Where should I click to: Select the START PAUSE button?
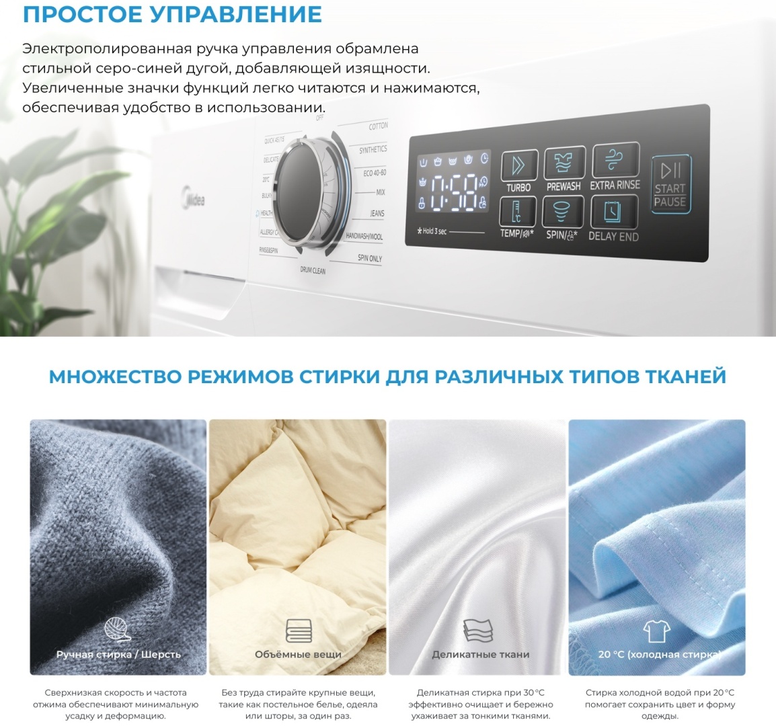[670, 184]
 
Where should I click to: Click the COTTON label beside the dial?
[378, 126]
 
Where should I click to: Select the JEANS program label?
[377, 214]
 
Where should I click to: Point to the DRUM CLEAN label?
[313, 270]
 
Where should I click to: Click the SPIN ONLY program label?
[369, 258]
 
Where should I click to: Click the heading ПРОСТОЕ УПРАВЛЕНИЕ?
[172, 14]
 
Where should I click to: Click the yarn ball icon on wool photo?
[118, 630]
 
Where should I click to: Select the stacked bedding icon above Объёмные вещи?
[298, 631]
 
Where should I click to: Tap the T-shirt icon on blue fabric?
[656, 631]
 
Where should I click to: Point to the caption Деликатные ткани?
[480, 654]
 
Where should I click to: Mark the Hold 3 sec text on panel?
[433, 231]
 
